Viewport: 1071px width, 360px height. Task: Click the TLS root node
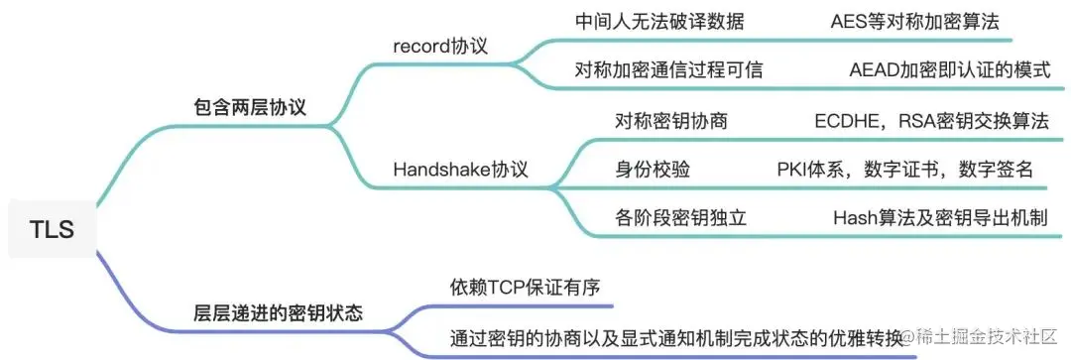(52, 229)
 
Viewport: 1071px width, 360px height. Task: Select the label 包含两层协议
(249, 108)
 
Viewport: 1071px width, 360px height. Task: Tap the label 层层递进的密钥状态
(279, 312)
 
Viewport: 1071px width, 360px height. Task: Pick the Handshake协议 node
(461, 169)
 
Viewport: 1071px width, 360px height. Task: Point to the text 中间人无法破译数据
(659, 21)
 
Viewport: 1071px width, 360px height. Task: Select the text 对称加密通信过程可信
(669, 70)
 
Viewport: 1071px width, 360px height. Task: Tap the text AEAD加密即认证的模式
(936, 70)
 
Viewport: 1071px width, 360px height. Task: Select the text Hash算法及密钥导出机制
(940, 217)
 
